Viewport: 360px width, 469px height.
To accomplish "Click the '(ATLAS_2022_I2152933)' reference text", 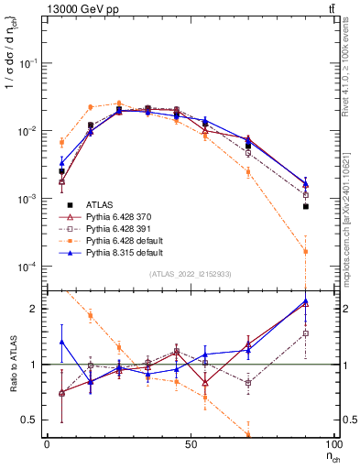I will point(190,275).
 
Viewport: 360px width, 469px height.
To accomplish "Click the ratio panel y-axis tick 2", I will point(37,309).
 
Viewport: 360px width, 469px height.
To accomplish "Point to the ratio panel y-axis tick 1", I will point(37,365).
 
